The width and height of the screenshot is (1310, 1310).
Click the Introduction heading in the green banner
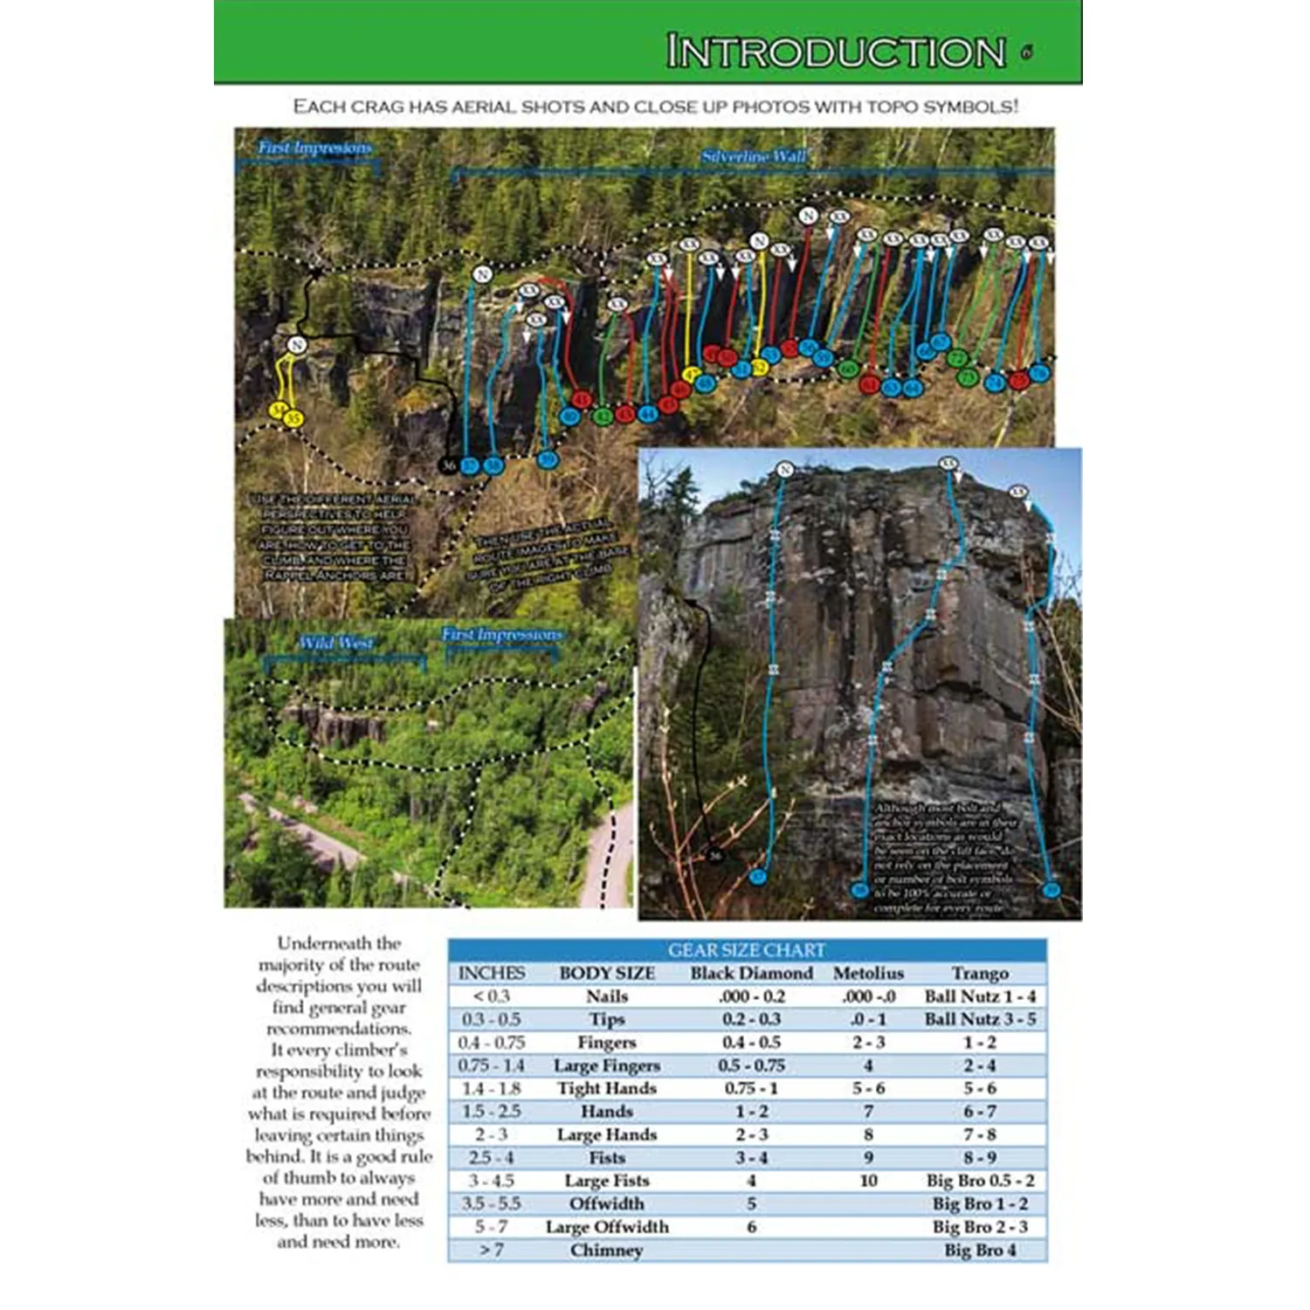coord(836,52)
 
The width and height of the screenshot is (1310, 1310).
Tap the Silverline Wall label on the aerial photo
coord(754,157)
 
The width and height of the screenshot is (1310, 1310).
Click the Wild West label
coord(335,644)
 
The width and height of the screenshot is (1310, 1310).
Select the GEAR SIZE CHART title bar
coord(747,950)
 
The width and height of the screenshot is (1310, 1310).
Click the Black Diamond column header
coord(751,973)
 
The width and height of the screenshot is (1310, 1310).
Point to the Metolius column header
coord(868,973)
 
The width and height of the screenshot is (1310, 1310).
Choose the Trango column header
coord(980,973)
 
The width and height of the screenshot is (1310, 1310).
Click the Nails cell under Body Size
coord(607,996)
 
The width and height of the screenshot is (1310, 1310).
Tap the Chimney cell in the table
coord(607,1251)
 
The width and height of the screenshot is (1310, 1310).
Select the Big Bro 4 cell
coord(980,1251)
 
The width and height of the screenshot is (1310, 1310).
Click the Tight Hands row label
coord(607,1088)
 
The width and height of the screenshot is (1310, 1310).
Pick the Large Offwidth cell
coord(607,1227)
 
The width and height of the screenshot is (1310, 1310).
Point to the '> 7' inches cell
coord(492,1251)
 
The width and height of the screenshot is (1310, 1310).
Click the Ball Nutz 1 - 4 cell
coord(980,996)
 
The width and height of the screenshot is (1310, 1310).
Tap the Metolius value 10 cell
coord(868,1181)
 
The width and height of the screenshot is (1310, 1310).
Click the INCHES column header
coord(492,973)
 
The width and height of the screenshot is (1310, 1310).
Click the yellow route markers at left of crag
coord(286,413)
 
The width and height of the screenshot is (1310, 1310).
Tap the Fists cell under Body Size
coord(607,1158)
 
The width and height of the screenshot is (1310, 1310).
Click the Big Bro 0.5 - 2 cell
coord(980,1181)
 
